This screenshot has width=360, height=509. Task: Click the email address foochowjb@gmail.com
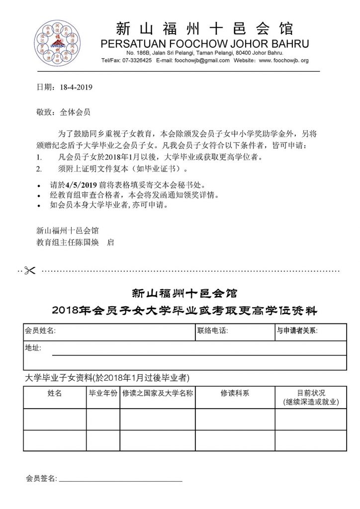[202, 60]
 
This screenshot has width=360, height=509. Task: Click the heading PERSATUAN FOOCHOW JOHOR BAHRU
[205, 43]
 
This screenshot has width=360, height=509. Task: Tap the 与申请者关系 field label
[297, 331]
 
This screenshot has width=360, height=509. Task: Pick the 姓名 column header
[55, 393]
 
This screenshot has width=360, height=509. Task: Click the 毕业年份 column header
[103, 393]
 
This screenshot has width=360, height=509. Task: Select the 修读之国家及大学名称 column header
[158, 393]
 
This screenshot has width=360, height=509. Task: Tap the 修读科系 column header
[235, 393]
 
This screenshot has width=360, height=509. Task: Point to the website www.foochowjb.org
[284, 60]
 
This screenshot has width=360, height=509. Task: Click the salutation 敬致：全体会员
[64, 112]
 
